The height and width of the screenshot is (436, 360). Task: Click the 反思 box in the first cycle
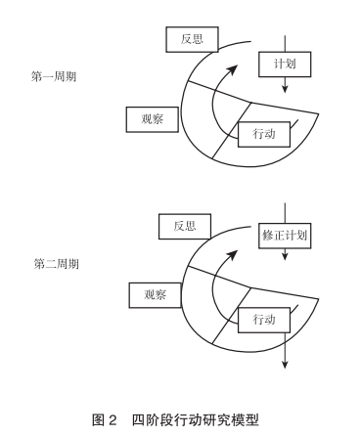click(x=192, y=39)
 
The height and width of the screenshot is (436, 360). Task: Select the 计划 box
click(x=285, y=64)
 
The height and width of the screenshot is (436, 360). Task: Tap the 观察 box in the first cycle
click(x=153, y=119)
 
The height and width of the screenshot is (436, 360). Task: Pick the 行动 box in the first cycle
click(x=264, y=134)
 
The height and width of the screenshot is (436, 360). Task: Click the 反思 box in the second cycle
click(x=185, y=227)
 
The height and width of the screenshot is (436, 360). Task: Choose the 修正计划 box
click(x=285, y=236)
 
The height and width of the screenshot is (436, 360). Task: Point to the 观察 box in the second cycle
click(x=155, y=295)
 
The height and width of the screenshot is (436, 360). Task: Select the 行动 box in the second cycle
click(x=264, y=320)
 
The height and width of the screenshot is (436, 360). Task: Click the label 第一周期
click(x=54, y=76)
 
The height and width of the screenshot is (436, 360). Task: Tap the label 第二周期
click(x=57, y=264)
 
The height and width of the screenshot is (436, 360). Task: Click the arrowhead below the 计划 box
click(x=285, y=89)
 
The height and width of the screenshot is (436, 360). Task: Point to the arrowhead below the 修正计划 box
click(x=285, y=256)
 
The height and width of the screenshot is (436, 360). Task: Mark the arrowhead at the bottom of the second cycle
click(x=285, y=364)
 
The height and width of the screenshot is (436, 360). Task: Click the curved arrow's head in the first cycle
click(x=233, y=69)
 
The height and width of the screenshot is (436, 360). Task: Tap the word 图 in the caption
click(x=98, y=420)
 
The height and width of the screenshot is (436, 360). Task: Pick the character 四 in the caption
click(x=139, y=420)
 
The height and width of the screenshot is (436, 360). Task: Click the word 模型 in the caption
click(x=247, y=420)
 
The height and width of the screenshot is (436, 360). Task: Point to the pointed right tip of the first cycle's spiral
click(x=318, y=113)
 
